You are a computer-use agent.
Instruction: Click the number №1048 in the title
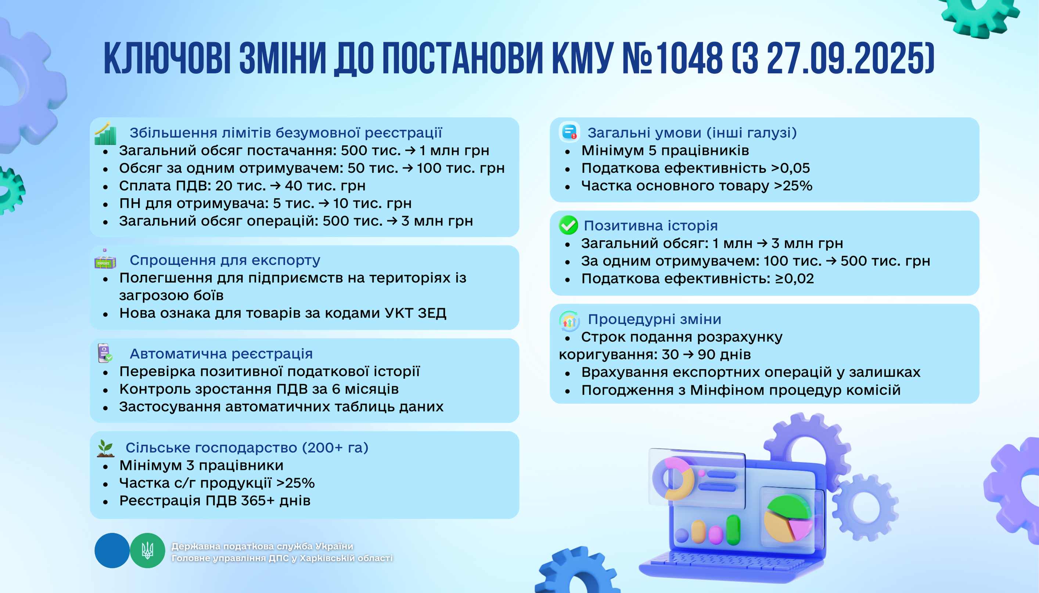click(672, 59)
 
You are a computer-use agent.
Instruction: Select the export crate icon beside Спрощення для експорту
click(105, 260)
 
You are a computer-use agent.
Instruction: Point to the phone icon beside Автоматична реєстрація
click(105, 353)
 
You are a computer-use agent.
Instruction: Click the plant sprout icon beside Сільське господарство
click(105, 448)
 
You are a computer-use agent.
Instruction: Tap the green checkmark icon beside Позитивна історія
click(568, 225)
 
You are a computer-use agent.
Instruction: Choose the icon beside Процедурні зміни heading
click(569, 321)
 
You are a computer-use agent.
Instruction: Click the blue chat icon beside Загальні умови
click(569, 132)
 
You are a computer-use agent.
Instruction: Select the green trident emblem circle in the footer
click(147, 550)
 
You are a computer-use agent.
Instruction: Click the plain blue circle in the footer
click(112, 550)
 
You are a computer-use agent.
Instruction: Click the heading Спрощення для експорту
click(225, 260)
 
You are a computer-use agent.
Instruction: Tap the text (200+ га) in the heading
click(335, 448)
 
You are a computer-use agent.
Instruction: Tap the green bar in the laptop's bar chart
click(733, 529)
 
